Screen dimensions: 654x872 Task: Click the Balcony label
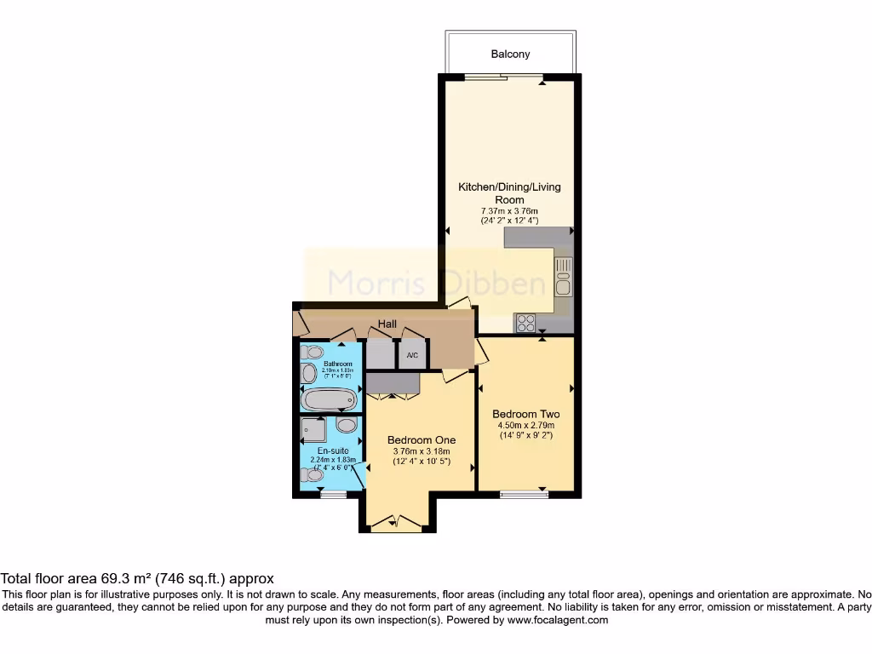pos(510,54)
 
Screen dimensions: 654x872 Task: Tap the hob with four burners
pos(525,323)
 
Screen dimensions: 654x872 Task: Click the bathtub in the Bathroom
pos(328,399)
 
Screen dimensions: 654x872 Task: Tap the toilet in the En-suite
pos(312,478)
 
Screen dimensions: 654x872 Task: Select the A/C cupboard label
pos(412,355)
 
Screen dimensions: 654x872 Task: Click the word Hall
pos(388,324)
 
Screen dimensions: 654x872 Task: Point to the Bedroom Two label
pos(525,415)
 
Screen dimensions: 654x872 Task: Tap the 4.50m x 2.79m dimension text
pos(525,426)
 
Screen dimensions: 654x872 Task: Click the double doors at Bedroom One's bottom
pos(397,524)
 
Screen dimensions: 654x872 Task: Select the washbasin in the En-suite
pos(347,425)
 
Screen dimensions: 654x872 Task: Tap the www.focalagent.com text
pos(558,621)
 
